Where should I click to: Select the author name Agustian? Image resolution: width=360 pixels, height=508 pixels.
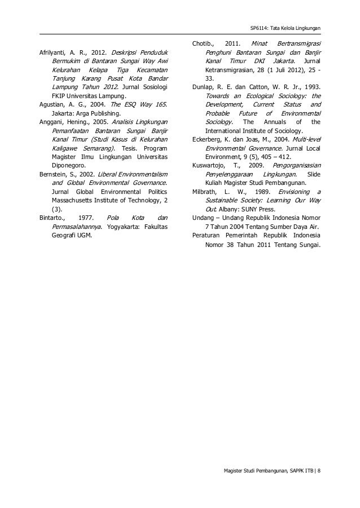click(x=52, y=104)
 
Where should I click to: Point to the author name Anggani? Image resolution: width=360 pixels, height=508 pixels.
click(x=51, y=121)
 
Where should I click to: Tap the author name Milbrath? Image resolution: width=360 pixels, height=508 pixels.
click(x=205, y=192)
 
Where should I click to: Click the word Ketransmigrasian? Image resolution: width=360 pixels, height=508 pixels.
click(x=231, y=70)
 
